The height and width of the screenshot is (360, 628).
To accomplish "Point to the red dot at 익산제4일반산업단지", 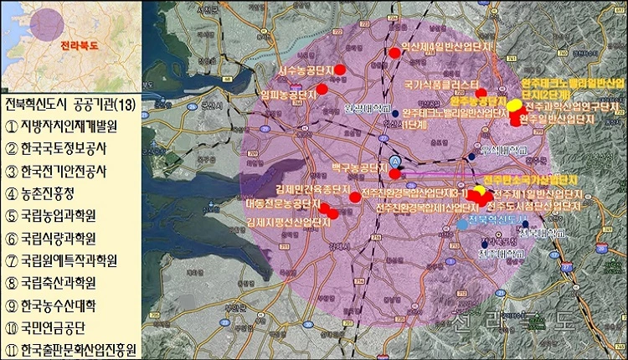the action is [394, 53].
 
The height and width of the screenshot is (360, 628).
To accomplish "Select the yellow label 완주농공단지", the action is [480, 100].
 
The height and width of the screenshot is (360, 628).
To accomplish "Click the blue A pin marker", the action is [396, 160].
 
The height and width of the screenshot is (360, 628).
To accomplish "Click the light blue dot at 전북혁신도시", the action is [463, 224].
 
